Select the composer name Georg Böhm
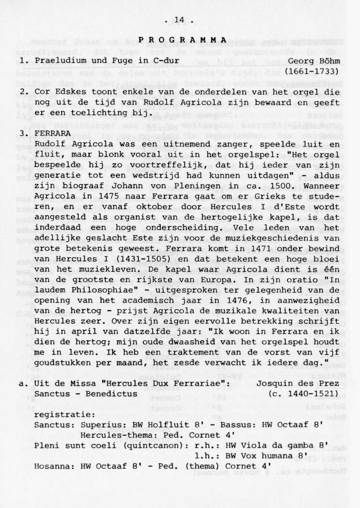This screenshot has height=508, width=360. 313,61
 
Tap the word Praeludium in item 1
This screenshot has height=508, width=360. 61,61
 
